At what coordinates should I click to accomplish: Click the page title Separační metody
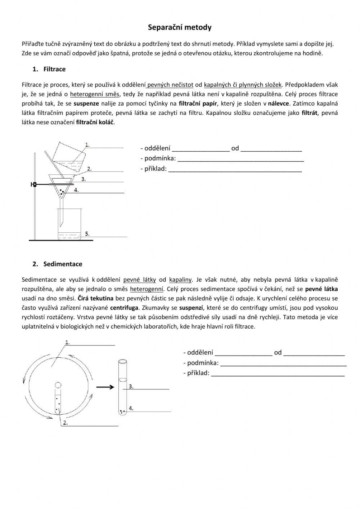pyautogui.click(x=180, y=27)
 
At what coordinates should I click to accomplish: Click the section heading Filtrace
pyautogui.click(x=54, y=69)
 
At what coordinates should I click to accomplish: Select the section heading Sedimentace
pyautogui.click(x=63, y=264)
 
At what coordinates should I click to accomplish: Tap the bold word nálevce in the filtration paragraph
pyautogui.click(x=279, y=104)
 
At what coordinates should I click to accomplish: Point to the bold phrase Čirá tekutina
pyautogui.click(x=95, y=298)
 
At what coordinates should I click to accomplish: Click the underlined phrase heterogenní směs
pyautogui.click(x=95, y=94)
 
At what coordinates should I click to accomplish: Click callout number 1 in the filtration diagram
pyautogui.click(x=87, y=145)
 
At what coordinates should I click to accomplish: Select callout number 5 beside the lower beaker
pyautogui.click(x=87, y=234)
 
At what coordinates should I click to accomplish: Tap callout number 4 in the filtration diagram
pyautogui.click(x=76, y=189)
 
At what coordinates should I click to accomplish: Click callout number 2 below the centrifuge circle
pyautogui.click(x=65, y=423)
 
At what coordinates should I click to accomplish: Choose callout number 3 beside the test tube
pyautogui.click(x=131, y=387)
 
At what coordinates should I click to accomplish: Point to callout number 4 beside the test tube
pyautogui.click(x=131, y=408)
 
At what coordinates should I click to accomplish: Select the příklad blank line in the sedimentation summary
pyautogui.click(x=278, y=373)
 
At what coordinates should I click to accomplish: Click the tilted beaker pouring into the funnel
pyautogui.click(x=68, y=155)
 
